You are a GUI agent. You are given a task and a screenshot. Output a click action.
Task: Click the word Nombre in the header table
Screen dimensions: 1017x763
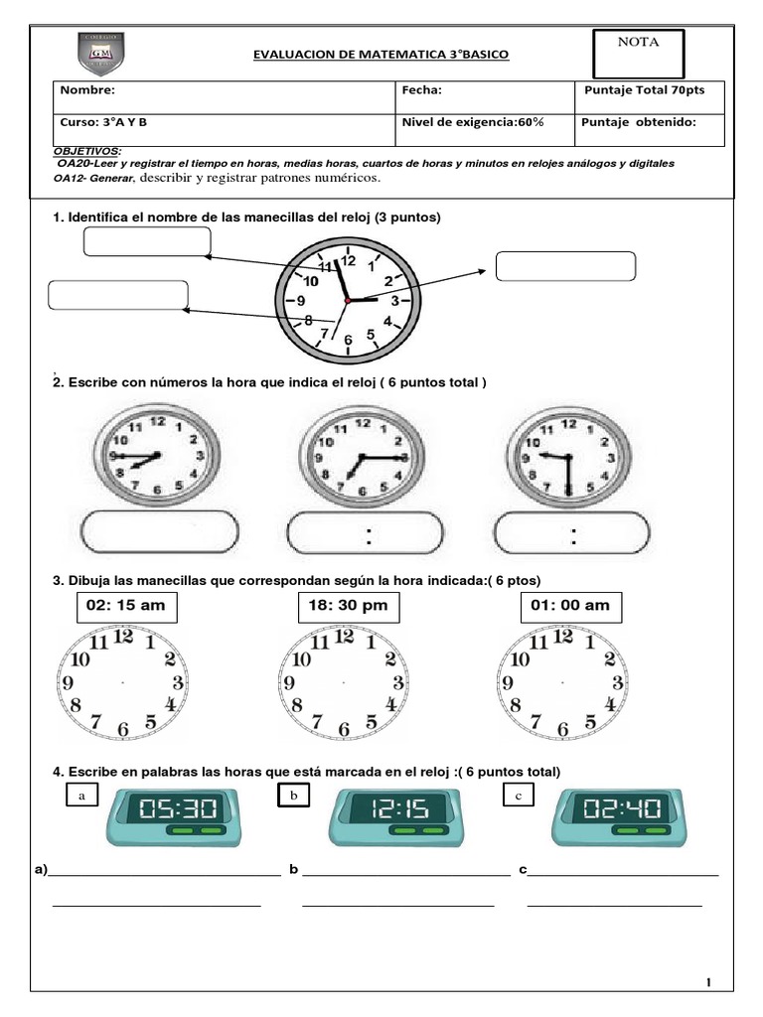click(87, 90)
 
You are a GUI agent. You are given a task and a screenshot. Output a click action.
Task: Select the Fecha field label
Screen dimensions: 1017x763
click(420, 90)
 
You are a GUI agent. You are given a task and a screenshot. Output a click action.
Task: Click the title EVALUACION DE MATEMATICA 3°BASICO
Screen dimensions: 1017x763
click(381, 54)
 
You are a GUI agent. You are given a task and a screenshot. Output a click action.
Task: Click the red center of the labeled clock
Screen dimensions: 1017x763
click(347, 299)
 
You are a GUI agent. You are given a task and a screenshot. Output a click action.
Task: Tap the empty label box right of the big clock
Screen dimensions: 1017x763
click(565, 266)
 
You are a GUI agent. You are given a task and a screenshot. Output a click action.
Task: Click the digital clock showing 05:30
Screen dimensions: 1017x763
click(172, 816)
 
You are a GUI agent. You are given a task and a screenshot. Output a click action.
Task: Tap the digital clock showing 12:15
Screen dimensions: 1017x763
click(393, 816)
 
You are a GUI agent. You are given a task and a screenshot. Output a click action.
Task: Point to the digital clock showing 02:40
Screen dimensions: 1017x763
click(617, 816)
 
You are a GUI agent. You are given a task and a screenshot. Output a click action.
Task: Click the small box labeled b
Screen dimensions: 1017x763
click(293, 796)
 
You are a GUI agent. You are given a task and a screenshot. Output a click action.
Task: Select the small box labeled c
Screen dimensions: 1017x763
click(519, 796)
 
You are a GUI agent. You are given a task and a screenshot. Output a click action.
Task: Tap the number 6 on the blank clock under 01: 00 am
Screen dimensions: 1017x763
click(563, 730)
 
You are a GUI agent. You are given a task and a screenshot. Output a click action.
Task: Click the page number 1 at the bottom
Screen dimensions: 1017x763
click(709, 983)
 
